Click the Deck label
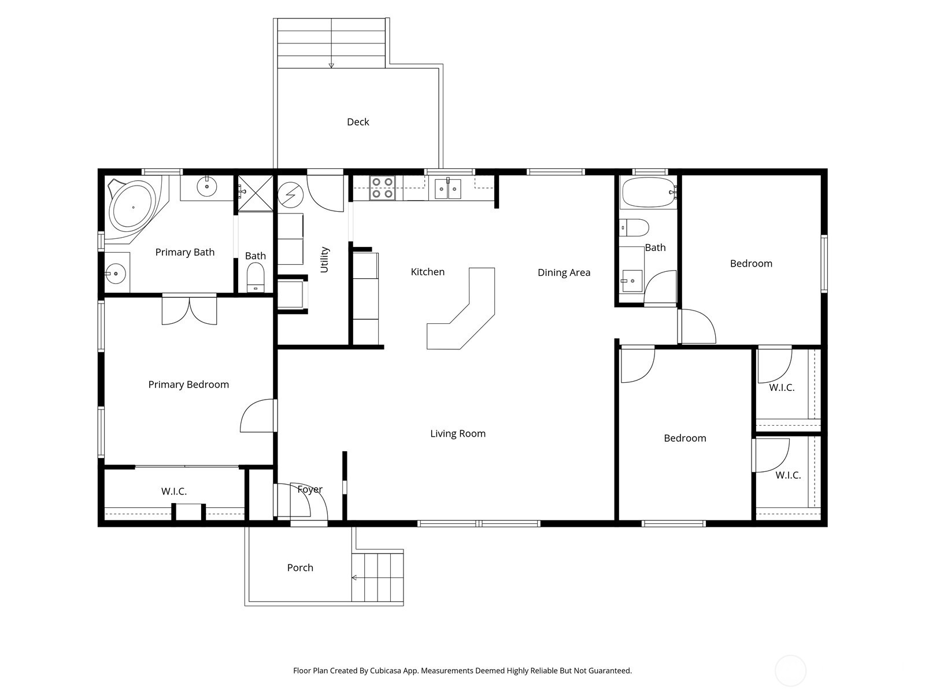358,122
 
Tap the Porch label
300,568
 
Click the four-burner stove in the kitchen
382,188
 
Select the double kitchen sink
448,189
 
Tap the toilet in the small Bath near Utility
255,277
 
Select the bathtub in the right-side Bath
647,192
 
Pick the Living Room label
458,434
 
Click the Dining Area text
564,273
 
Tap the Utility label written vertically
324,260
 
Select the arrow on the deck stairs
331,65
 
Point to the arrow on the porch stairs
354,578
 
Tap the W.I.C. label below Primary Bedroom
174,492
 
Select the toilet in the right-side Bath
635,227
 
